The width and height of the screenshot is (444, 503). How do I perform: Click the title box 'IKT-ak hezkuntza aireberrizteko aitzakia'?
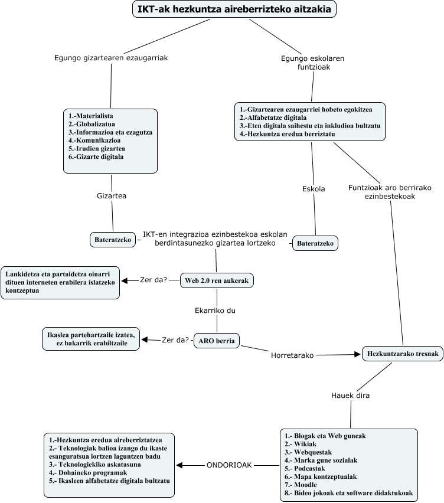pyautogui.click(x=234, y=9)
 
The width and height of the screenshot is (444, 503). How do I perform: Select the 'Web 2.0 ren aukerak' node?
pyautogui.click(x=217, y=281)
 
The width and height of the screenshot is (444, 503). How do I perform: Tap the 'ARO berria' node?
pyautogui.click(x=217, y=340)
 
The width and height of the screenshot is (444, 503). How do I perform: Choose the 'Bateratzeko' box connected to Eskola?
pyautogui.click(x=315, y=243)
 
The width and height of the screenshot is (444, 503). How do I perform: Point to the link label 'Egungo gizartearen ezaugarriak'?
pyautogui.click(x=111, y=58)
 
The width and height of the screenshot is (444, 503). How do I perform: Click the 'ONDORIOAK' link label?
pyautogui.click(x=229, y=465)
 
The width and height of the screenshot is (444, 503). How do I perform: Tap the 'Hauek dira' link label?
pyautogui.click(x=350, y=395)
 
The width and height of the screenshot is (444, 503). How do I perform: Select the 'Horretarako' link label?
pyautogui.click(x=292, y=355)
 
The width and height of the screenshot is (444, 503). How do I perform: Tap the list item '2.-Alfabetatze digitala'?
pyautogui.click(x=277, y=117)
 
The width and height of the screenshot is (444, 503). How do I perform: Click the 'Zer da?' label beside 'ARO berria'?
pyautogui.click(x=175, y=339)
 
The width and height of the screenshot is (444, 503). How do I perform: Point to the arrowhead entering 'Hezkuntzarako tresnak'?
pyautogui.click(x=357, y=354)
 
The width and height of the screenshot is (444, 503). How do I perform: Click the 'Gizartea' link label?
pyautogui.click(x=112, y=195)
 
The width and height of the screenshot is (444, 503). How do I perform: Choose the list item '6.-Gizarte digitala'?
pyautogui.click(x=96, y=157)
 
